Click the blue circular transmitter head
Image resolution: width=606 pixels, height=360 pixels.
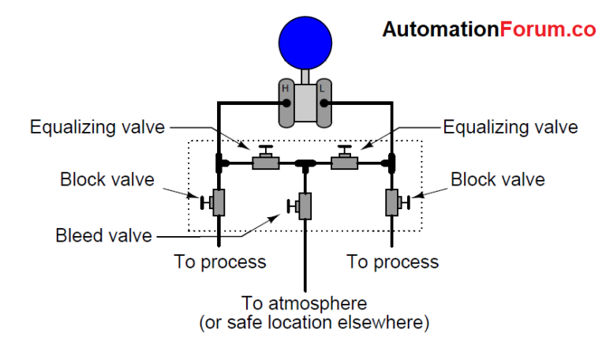coord(303,43)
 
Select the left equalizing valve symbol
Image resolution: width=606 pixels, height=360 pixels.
coord(264,163)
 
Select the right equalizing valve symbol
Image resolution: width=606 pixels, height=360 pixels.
coord(344,163)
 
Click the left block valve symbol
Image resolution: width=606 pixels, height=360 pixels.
coord(218,203)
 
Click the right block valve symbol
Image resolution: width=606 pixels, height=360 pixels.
coord(391,203)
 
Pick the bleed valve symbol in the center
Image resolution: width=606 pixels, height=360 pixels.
coord(304,207)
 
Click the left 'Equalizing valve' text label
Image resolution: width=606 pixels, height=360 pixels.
coord(96,126)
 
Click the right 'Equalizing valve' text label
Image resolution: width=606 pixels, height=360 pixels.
coord(510,126)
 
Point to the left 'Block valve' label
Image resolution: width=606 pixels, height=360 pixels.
coord(107,180)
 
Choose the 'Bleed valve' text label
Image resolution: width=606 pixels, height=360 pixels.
coord(102,235)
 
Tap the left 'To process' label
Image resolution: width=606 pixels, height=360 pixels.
coord(220,261)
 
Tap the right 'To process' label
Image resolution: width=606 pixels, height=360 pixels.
coord(392,261)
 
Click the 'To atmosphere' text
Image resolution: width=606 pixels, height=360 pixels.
coord(305,303)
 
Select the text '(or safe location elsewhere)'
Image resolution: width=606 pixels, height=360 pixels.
coord(305,323)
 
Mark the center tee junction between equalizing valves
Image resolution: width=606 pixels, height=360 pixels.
coord(304,164)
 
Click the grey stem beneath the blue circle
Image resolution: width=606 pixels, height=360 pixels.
coord(303,75)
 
